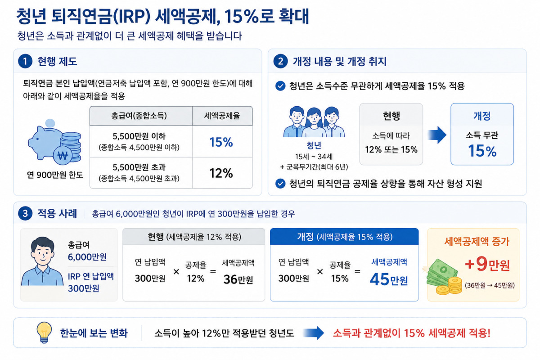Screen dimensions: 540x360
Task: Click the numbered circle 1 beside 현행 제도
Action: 25,61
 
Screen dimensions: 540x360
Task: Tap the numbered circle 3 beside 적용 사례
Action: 25,213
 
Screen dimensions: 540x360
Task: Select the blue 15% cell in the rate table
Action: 221,142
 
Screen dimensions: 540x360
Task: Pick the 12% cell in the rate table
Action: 221,173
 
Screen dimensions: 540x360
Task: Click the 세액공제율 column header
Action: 222,116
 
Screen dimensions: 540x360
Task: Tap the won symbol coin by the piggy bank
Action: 63,156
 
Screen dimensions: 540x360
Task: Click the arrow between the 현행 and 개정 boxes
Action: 437,135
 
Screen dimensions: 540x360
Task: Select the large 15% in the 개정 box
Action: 482,151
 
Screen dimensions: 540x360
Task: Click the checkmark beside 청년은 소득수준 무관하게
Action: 280,86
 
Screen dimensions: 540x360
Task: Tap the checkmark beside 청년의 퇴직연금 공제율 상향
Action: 280,184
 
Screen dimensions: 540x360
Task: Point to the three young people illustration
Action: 314,122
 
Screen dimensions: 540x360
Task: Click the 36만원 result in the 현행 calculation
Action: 238,279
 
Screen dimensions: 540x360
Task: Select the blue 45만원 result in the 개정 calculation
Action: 389,279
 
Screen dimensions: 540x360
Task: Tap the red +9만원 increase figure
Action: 487,264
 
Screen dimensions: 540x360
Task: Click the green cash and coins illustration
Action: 443,277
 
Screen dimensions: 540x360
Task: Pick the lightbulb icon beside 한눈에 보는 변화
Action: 44,332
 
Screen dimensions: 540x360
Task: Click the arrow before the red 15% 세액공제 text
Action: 313,333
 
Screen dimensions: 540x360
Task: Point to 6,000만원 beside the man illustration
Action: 87,257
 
